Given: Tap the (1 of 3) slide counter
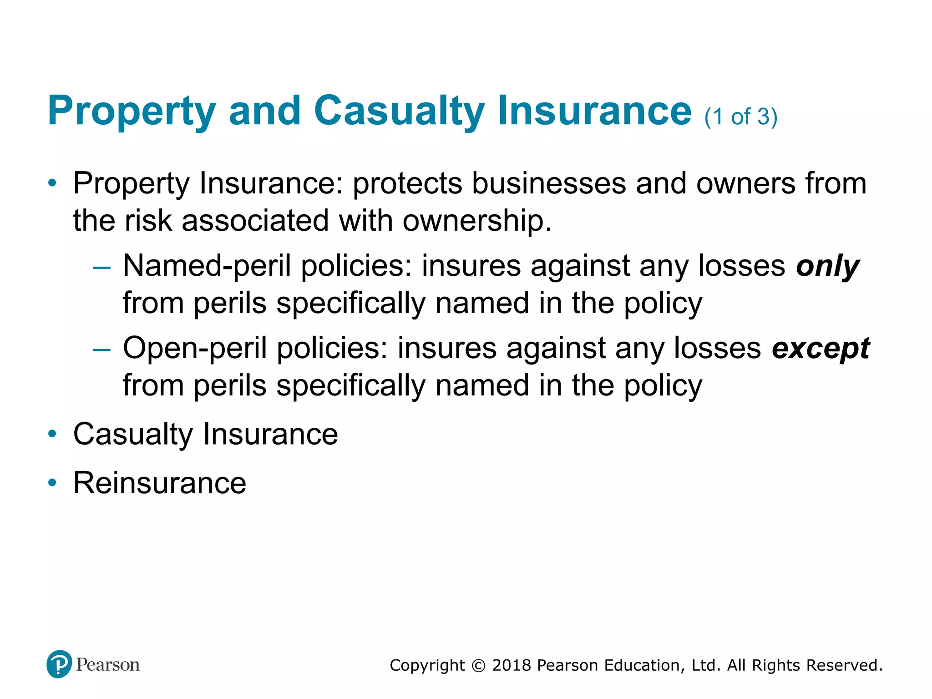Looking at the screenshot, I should (x=741, y=117).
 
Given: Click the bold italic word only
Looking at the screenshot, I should (x=827, y=266).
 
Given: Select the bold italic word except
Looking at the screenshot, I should (x=821, y=349).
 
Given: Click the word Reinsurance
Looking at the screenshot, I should (x=160, y=483).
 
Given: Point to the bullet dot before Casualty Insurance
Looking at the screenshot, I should (x=53, y=434).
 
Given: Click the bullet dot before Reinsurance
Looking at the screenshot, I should (x=53, y=483).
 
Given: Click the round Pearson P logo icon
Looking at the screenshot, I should (x=59, y=664).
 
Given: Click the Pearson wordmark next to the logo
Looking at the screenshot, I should (x=108, y=665).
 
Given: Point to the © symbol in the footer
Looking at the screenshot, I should (x=478, y=666).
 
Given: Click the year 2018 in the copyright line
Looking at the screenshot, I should (x=512, y=665).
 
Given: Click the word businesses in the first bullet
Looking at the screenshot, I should (x=548, y=184).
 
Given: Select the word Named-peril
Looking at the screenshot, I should (x=207, y=266).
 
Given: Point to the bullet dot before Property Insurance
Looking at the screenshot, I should (x=53, y=184).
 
